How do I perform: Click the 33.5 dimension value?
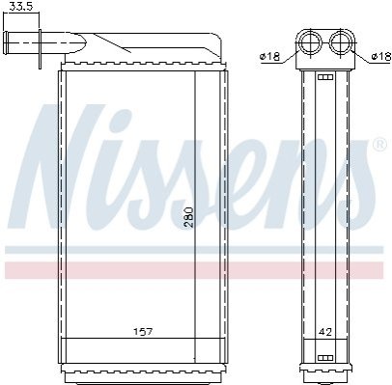(x=21, y=6)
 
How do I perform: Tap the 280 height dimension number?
(x=189, y=217)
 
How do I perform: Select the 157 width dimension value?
(x=143, y=331)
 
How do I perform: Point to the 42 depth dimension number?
(x=324, y=332)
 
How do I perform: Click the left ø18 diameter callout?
(x=269, y=57)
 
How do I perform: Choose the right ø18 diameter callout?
(x=381, y=57)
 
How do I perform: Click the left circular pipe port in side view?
(x=311, y=42)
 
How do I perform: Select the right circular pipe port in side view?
(x=341, y=42)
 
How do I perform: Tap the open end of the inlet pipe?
(x=6, y=43)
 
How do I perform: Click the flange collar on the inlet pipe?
(x=40, y=49)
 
